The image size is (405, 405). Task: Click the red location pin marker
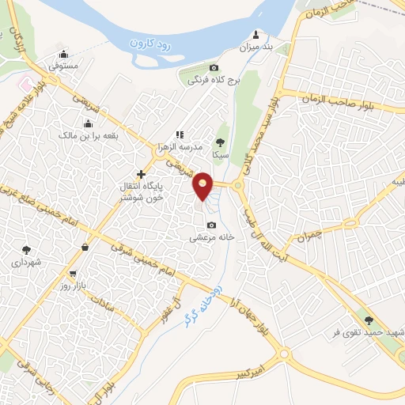(203, 187)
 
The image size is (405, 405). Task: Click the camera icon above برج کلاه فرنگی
(214, 68)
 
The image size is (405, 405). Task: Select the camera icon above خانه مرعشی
(210, 225)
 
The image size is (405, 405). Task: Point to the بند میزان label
(255, 47)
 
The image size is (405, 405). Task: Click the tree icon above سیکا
(221, 142)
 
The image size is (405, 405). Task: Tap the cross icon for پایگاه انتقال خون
(141, 174)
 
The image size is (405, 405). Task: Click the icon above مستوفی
(64, 55)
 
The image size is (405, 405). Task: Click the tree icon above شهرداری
(26, 249)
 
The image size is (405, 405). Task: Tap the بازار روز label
(72, 286)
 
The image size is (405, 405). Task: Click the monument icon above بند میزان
(255, 35)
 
